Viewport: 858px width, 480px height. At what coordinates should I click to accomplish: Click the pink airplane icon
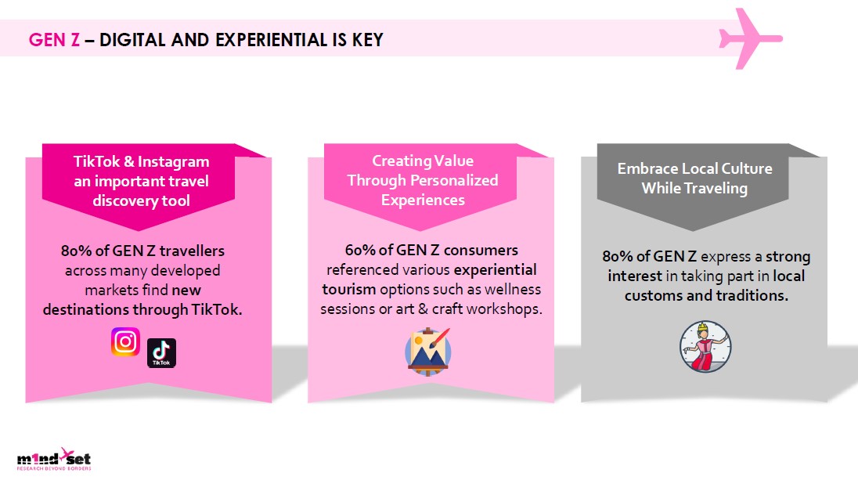[749, 38]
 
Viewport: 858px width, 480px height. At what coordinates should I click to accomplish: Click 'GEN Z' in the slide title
[54, 39]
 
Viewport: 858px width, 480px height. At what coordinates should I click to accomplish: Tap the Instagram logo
[125, 342]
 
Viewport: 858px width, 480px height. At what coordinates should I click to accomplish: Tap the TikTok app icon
[161, 353]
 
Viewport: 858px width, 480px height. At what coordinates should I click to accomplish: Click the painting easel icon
[428, 348]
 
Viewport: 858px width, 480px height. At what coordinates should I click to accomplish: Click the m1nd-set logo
[54, 460]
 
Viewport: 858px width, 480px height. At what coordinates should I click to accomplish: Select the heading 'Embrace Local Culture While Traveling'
[694, 179]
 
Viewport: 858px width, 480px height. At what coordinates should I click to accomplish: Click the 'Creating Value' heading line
[423, 161]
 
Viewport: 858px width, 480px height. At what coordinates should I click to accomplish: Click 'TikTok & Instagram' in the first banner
[142, 162]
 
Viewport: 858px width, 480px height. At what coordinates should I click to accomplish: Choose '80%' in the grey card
[619, 257]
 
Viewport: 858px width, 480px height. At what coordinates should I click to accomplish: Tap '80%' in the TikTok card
[78, 251]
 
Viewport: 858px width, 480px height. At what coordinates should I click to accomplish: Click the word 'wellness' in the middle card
[514, 289]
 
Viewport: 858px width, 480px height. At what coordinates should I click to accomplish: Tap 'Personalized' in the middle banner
[453, 180]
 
